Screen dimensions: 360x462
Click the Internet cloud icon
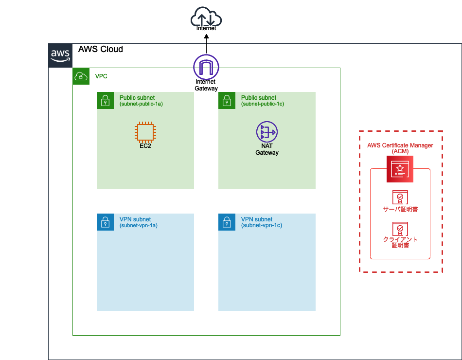[206, 19]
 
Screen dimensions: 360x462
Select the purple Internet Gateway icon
[206, 67]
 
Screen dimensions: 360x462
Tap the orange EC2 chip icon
[145, 132]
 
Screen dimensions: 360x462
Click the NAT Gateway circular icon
[267, 132]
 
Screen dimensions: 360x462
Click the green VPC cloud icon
[81, 76]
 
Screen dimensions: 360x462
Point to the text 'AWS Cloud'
[101, 49]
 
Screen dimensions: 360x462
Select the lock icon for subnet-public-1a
[105, 101]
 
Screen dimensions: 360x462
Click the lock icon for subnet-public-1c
[227, 101]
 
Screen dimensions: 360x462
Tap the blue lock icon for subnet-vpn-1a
[105, 222]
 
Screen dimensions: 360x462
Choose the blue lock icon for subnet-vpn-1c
[227, 222]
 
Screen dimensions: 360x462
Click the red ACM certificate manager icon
[400, 169]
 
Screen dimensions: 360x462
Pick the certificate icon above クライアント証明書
[400, 229]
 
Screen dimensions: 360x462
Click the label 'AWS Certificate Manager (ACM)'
[400, 148]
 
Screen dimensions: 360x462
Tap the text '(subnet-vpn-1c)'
[262, 225]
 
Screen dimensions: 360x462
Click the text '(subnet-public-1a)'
[141, 104]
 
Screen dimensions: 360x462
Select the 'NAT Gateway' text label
[267, 149]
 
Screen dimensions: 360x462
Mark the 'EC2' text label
[145, 146]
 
